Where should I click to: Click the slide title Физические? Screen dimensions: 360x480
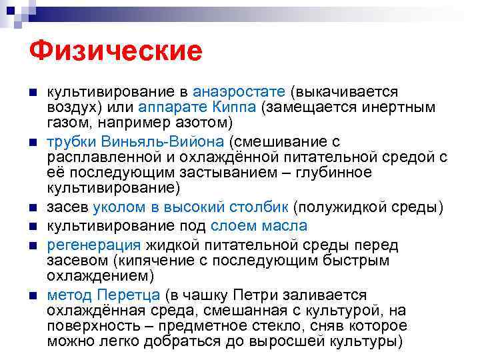[x=115, y=51]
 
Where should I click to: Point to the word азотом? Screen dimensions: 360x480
[x=205, y=123]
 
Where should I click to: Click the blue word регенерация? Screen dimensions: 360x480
[x=94, y=244]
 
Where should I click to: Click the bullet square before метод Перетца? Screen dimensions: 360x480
[x=33, y=295]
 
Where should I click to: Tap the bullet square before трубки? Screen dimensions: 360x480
[x=33, y=141]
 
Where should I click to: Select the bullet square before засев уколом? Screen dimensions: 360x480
[x=33, y=208]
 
